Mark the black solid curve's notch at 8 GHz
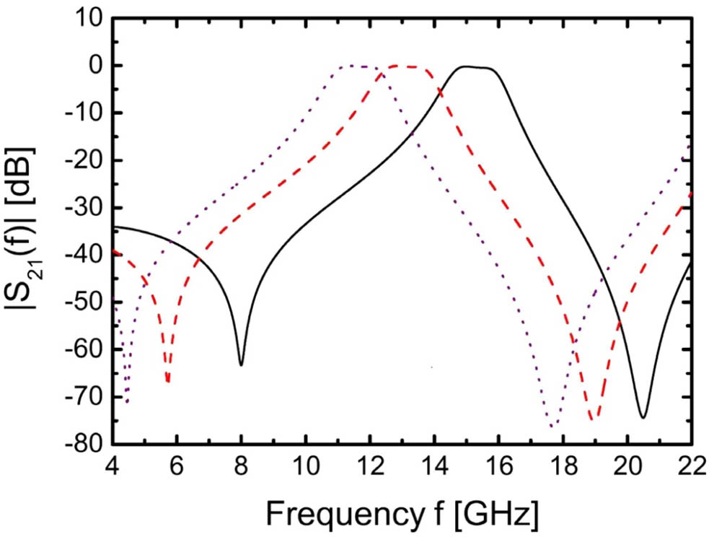click(241, 364)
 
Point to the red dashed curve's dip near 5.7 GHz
click(167, 381)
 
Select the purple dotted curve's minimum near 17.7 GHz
click(553, 426)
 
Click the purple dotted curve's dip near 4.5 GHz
click(127, 402)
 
